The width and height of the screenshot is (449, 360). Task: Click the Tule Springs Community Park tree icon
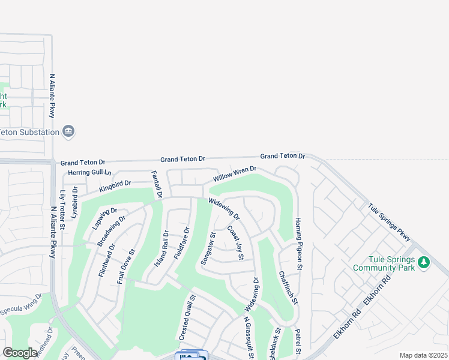424,263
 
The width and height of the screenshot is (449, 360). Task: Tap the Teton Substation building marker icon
68,132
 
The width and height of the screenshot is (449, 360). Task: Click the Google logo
20,353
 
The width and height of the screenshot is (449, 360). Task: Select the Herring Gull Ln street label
86,173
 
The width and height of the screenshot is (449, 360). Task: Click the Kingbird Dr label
115,185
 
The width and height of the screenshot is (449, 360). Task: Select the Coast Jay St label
235,242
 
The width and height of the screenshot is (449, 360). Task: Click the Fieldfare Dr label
182,243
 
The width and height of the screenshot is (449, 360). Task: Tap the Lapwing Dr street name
105,219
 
